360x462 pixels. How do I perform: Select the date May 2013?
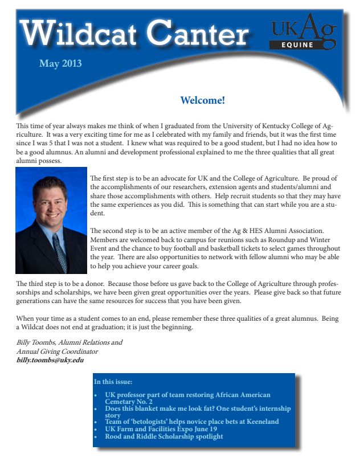point(60,63)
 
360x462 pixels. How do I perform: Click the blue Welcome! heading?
point(202,101)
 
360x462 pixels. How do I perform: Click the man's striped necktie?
point(59,251)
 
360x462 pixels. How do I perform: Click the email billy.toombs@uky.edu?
point(50,360)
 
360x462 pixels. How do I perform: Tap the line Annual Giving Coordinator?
point(58,351)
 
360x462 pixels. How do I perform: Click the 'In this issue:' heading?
point(113,382)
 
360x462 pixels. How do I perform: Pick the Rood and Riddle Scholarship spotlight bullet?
point(164,436)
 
